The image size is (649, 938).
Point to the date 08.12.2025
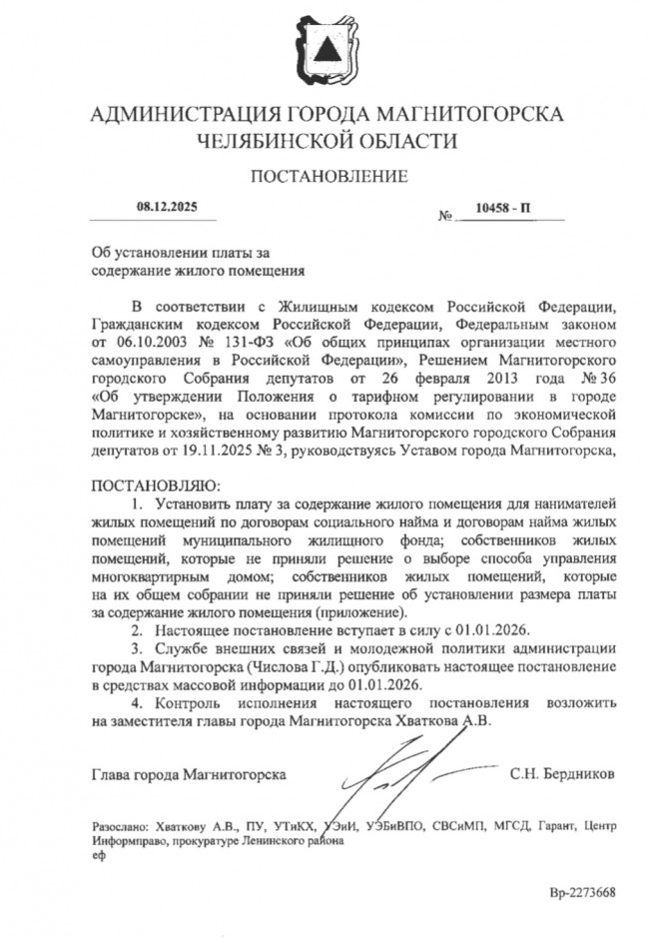click(x=168, y=208)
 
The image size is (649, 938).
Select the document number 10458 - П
click(x=505, y=210)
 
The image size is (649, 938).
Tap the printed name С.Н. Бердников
click(x=562, y=773)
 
